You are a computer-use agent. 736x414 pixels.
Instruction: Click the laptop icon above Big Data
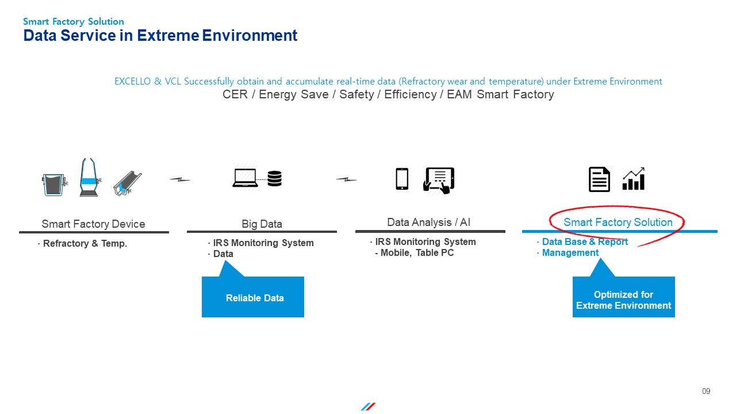245,178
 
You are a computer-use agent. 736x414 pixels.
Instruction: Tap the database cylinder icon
274,178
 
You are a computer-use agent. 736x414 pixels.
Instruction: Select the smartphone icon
402,179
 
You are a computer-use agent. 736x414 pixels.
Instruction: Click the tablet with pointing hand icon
439,180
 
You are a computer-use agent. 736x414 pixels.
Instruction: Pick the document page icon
599,179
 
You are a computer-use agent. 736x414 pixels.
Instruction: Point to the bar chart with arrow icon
634,179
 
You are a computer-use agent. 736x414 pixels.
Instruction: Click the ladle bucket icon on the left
54,185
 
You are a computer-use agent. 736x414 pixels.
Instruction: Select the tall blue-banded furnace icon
89,177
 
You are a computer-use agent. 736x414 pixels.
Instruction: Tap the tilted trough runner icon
127,183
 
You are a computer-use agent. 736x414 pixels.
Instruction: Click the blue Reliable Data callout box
253,297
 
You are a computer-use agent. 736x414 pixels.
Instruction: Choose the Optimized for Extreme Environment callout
624,297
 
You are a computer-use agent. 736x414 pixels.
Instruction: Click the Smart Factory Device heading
93,224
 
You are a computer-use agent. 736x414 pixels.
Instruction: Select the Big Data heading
262,224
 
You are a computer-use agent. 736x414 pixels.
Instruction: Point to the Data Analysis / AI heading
429,222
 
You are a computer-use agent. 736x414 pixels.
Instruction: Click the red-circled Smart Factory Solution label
618,222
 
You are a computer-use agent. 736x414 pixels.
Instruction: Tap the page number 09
706,391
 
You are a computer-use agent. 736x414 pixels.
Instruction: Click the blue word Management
570,252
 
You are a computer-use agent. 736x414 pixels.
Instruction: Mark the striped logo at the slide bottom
368,407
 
